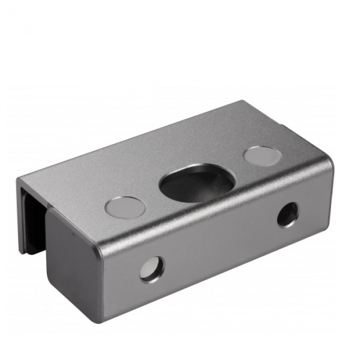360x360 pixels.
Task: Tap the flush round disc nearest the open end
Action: [124, 207]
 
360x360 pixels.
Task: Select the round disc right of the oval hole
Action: [262, 156]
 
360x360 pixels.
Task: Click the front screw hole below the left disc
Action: [152, 268]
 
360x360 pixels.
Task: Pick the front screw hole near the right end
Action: [287, 214]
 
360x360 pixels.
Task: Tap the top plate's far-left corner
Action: [19, 180]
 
